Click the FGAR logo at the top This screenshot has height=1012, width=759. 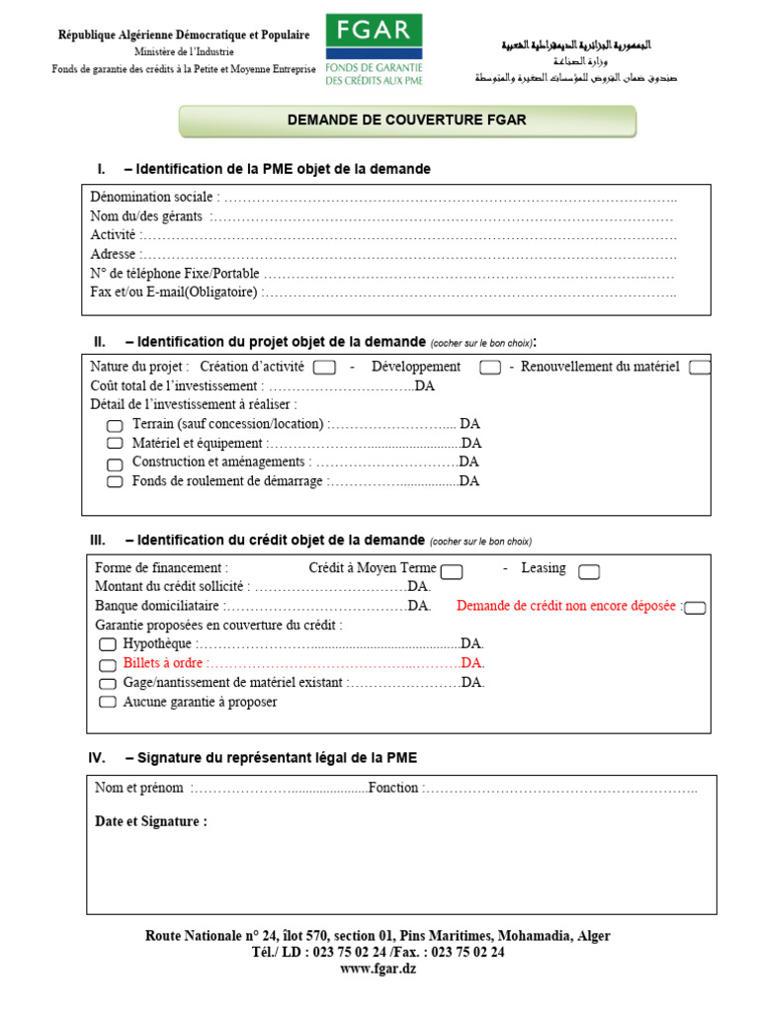(x=374, y=49)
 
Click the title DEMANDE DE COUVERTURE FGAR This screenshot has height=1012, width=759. (x=406, y=121)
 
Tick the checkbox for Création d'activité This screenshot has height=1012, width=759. (x=323, y=368)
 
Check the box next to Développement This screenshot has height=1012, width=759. (x=489, y=368)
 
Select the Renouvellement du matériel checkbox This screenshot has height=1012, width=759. (x=700, y=368)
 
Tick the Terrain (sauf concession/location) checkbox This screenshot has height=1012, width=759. (x=115, y=425)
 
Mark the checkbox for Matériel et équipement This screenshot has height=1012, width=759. (x=115, y=444)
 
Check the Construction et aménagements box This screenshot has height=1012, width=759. (x=115, y=463)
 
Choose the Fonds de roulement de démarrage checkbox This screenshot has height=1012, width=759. (x=115, y=481)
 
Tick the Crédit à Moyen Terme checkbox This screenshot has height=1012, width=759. (x=452, y=571)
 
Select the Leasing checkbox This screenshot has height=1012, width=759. (x=589, y=571)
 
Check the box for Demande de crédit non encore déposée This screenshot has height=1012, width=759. (x=695, y=607)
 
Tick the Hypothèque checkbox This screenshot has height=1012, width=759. (x=108, y=644)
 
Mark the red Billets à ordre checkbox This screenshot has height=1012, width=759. (x=108, y=663)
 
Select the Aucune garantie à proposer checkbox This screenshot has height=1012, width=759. (x=108, y=702)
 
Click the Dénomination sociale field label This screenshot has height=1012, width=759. (x=152, y=197)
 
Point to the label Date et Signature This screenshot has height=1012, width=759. (x=151, y=821)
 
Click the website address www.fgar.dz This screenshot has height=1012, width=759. (x=378, y=969)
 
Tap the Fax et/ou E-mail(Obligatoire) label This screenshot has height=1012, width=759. (x=174, y=292)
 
